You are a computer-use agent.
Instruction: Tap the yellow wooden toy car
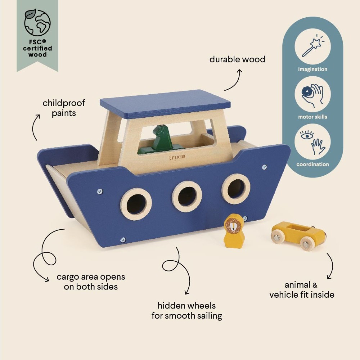[x=298, y=234]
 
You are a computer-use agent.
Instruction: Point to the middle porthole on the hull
[x=187, y=196]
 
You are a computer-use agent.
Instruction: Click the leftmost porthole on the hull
[x=136, y=204]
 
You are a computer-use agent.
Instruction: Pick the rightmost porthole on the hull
[x=236, y=189]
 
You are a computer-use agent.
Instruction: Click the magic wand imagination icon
[x=312, y=47]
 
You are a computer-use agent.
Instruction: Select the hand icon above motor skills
[x=312, y=95]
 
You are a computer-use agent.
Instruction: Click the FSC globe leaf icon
[x=37, y=23]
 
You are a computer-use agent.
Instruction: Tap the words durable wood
[x=237, y=59]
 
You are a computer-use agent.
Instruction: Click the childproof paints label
[x=64, y=108]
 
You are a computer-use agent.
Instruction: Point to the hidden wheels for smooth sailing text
[x=186, y=311]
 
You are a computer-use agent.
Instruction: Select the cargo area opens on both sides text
[x=91, y=282]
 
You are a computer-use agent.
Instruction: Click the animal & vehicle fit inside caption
[x=302, y=290]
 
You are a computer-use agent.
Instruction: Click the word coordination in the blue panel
[x=312, y=165]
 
